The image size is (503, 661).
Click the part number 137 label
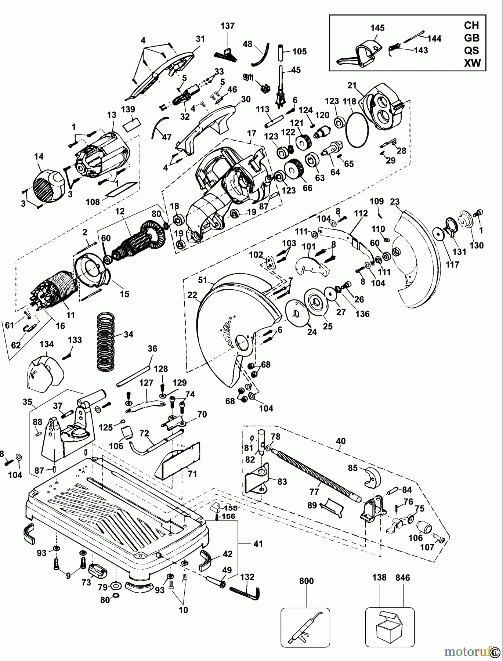(227, 26)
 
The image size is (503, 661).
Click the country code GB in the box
(471, 38)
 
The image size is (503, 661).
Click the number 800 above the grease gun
(306, 581)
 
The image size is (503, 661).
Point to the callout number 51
(203, 281)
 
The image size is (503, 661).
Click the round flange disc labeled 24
(297, 312)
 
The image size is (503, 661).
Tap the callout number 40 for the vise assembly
(340, 441)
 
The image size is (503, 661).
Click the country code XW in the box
(472, 63)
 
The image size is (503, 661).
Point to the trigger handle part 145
(358, 55)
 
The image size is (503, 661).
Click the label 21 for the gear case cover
(352, 85)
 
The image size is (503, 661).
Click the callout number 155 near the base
(231, 508)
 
